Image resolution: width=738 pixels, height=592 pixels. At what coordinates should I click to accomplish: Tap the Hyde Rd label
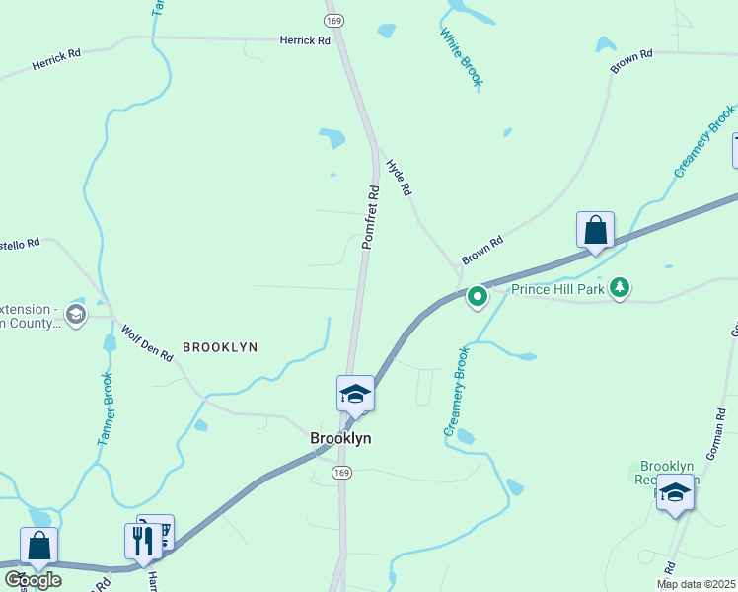398,178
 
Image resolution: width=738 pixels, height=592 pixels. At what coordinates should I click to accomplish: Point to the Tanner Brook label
107,409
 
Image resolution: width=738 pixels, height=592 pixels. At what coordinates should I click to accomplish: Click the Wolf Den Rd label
147,342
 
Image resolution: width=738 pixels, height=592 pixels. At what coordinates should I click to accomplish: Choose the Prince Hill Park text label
557,289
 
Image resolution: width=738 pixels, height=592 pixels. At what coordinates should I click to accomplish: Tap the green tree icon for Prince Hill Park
620,287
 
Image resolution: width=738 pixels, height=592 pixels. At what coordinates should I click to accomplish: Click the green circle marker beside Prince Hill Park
478,295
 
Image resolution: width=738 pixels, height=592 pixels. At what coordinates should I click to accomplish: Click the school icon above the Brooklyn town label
355,394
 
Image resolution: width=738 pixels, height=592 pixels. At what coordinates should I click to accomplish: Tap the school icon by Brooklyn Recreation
676,492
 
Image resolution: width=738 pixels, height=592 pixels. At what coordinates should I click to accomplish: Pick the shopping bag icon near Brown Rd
596,230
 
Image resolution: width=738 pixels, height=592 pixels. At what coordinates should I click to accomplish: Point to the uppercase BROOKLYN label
220,347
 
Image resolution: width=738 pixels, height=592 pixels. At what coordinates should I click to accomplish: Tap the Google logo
34,579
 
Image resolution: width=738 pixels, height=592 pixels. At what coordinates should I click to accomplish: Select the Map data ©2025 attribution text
696,584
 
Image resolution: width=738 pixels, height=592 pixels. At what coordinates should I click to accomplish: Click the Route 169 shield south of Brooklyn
340,473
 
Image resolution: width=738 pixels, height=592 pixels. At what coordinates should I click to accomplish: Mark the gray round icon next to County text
76,315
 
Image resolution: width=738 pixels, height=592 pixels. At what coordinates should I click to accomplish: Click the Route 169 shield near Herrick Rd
335,20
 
